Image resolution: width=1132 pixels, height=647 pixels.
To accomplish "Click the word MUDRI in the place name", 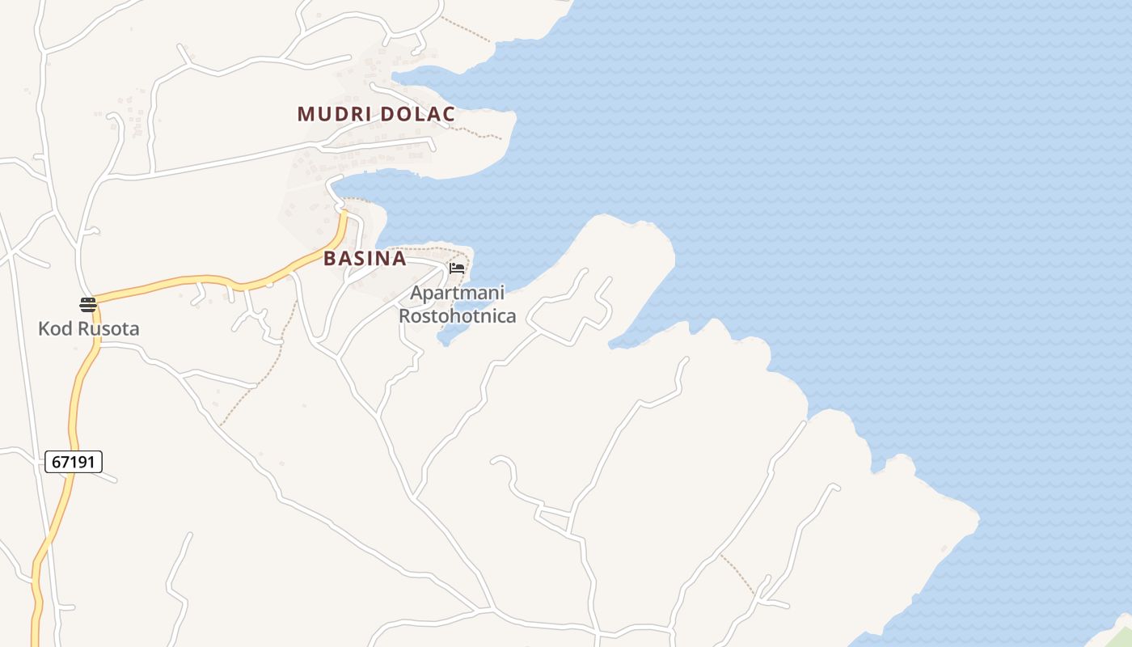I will pos(334,114).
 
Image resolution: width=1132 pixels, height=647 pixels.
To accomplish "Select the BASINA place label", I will pos(365,259).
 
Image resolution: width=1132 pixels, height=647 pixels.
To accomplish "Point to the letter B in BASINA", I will pos(330,259).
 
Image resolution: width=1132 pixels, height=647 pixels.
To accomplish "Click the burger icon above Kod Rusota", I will pos(88,305).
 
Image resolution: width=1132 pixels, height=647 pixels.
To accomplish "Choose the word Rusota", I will pos(108,329).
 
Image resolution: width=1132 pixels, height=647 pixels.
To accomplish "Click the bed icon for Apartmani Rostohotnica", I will pos(457,268).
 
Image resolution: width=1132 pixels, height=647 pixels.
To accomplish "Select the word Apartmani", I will pos(457,293).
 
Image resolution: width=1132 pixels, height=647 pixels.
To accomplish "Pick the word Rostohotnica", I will pos(458,315).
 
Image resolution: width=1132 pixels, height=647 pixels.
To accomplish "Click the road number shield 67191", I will pos(74,462).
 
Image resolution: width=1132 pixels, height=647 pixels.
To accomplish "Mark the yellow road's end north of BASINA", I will pos(344,214).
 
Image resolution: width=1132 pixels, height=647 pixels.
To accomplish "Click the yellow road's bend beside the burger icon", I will pos(96,301).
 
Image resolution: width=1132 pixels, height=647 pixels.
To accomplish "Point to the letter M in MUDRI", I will pos(305,114).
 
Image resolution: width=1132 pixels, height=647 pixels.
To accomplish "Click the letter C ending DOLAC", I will pos(448,114).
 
